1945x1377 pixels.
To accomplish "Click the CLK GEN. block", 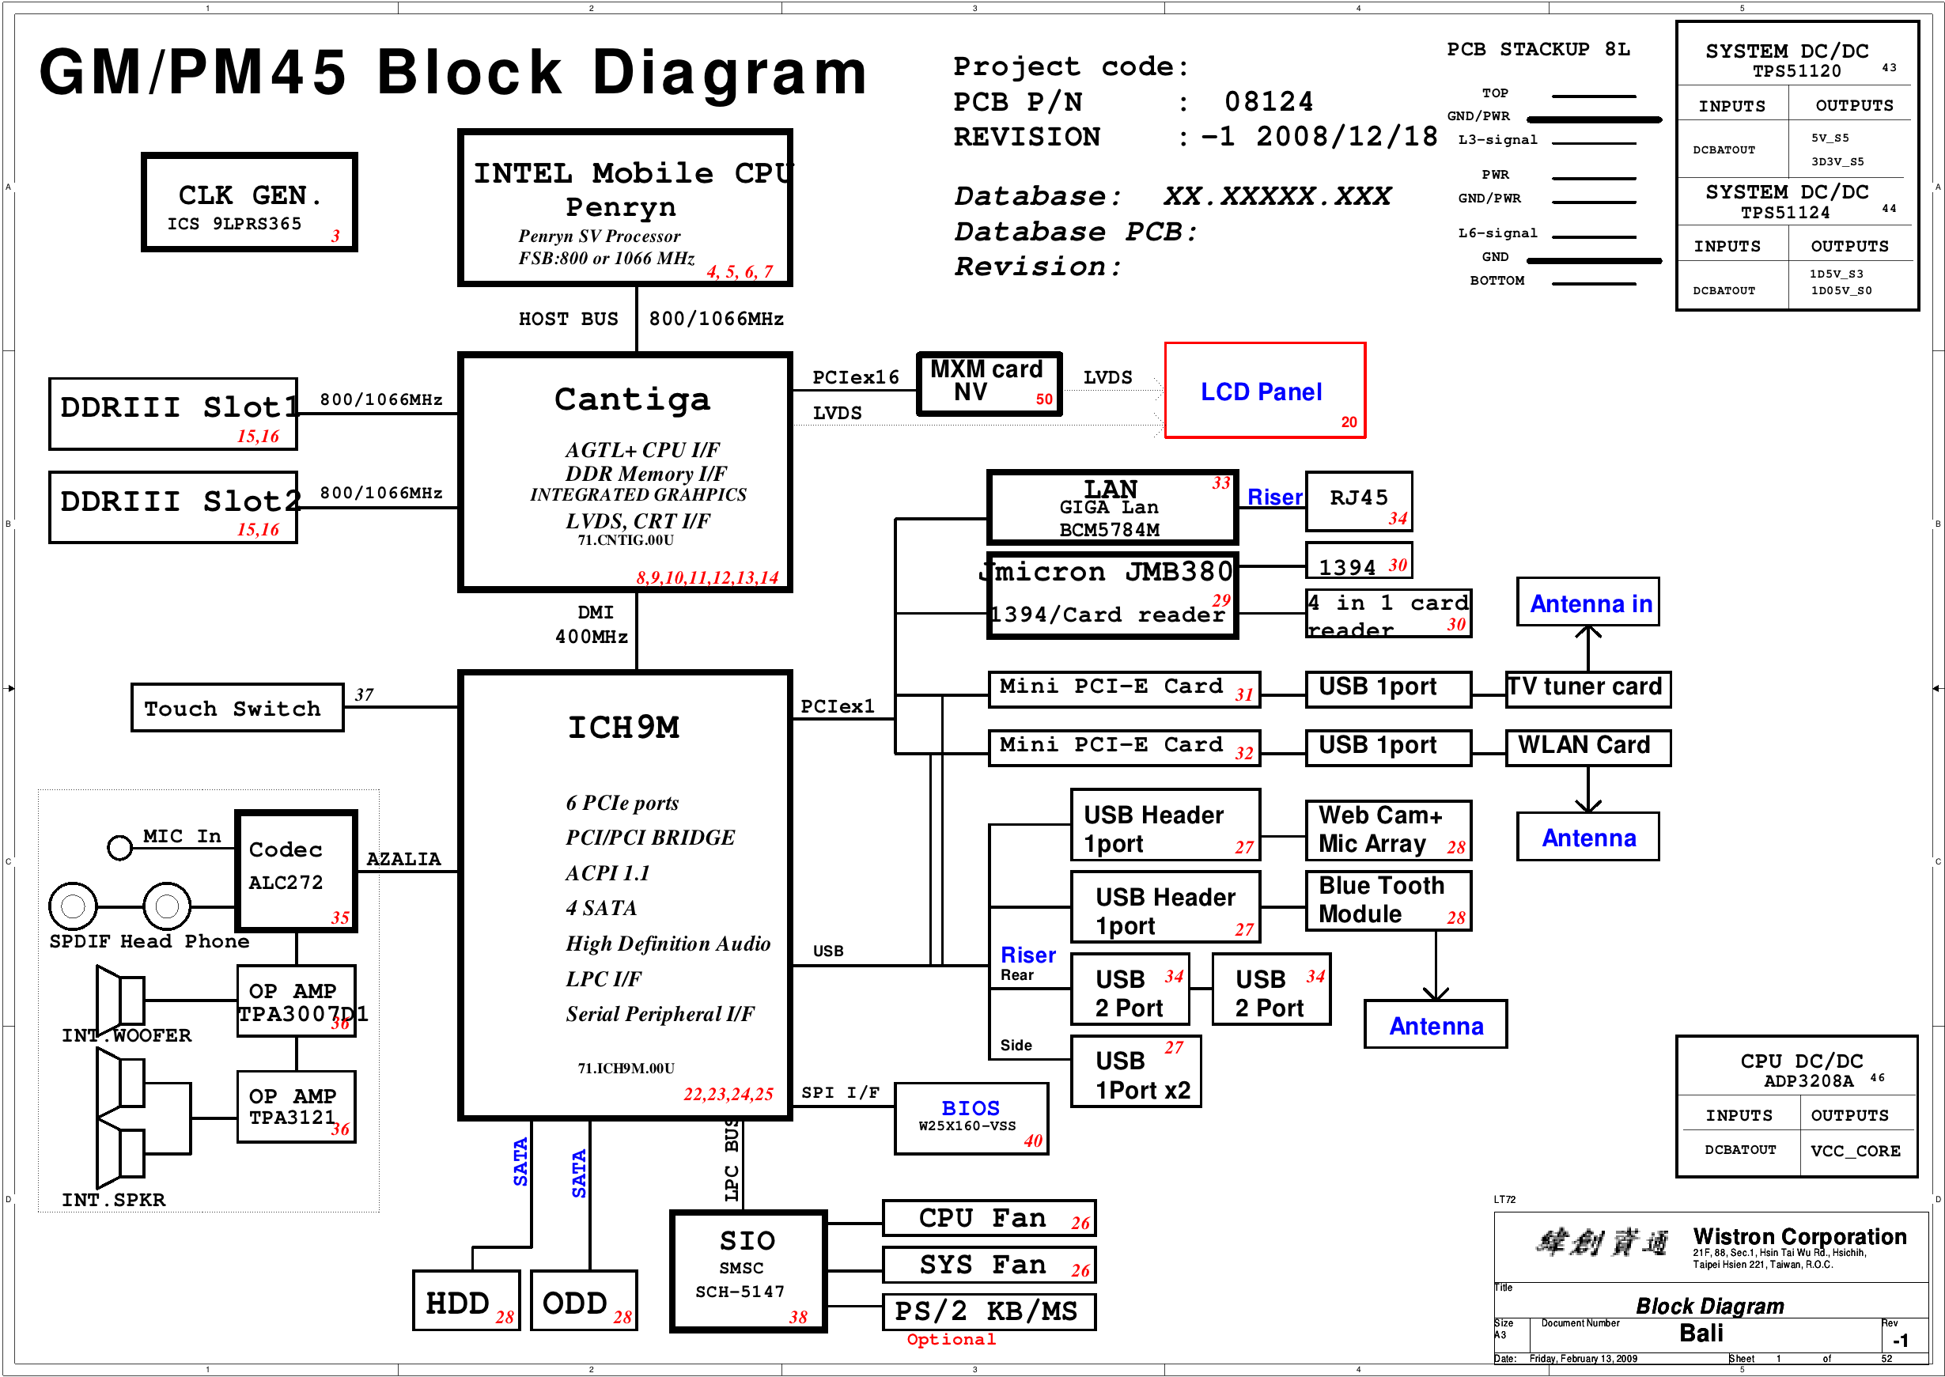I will point(249,202).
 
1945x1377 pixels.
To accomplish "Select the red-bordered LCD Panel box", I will point(1264,391).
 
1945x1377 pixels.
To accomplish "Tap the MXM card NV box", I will point(989,384).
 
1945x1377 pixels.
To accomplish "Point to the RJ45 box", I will point(1358,501).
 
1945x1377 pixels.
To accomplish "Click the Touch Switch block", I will point(237,707).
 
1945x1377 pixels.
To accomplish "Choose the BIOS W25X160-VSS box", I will point(971,1118).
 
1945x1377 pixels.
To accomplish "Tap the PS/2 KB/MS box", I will point(989,1311).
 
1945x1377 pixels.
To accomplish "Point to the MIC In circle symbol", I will point(119,847).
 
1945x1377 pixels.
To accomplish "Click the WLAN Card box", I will point(1587,747).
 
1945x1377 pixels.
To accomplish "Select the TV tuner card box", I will point(1587,687).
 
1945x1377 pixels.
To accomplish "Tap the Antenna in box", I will point(1587,603).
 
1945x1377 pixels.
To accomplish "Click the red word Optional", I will point(951,1340).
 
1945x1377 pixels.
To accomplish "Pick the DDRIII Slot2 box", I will point(173,507).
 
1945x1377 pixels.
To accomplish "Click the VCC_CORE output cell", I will point(1855,1151).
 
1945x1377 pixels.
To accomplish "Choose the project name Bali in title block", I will point(1701,1333).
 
